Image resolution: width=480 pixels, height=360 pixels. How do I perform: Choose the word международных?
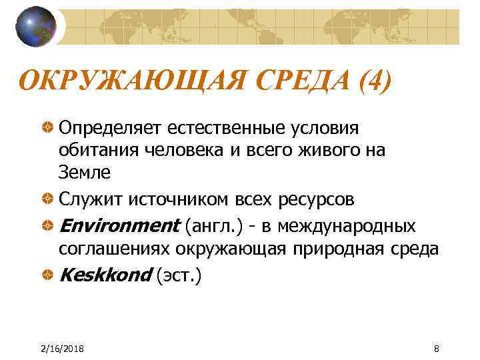pos(347,226)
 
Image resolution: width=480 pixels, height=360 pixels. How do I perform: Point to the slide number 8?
pos(436,349)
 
